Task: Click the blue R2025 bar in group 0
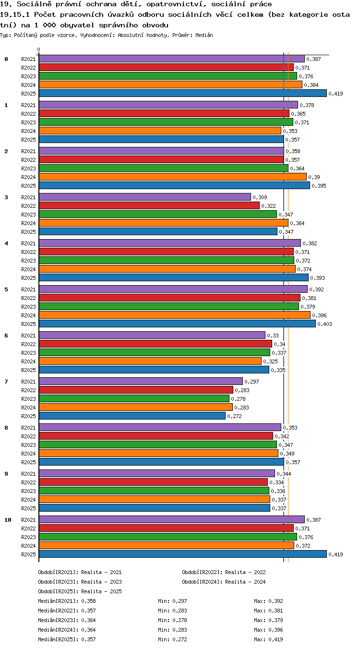pos(183,93)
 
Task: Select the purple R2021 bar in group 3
pos(145,197)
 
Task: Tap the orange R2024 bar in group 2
pos(173,177)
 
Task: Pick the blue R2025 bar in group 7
pos(132,416)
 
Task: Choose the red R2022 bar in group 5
pos(169,298)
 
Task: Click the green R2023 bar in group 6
pos(155,352)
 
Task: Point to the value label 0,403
pos(324,324)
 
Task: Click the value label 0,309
pos(260,197)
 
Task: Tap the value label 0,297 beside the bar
pos(252,382)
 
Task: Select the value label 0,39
pos(314,177)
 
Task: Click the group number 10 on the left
pos(8,520)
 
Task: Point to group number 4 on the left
pos(6,243)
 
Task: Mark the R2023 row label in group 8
pos(28,445)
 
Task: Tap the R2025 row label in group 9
pos(28,508)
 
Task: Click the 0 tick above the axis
pos(39,49)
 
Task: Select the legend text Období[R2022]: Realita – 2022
pos(224,572)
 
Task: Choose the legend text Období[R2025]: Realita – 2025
pos(80,591)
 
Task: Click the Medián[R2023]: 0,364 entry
pos(67,620)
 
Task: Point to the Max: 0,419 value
pos(268,639)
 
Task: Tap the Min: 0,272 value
pos(172,639)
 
